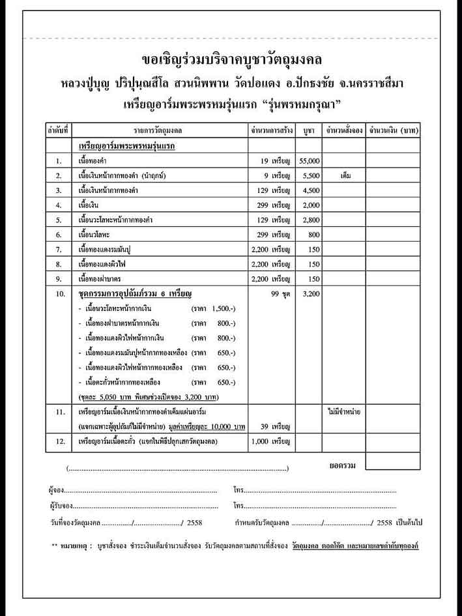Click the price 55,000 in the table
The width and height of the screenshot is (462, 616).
pyautogui.click(x=309, y=160)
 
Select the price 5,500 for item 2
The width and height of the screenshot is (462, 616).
pyautogui.click(x=309, y=175)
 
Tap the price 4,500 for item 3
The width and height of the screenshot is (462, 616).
pyautogui.click(x=309, y=190)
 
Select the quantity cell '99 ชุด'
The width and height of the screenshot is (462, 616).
pyautogui.click(x=279, y=294)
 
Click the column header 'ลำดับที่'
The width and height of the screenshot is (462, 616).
pyautogui.click(x=58, y=130)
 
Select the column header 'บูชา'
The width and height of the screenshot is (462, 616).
pyautogui.click(x=309, y=130)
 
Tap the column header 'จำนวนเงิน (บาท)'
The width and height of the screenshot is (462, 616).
pyautogui.click(x=393, y=130)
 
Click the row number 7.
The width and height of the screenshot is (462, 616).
pyautogui.click(x=58, y=249)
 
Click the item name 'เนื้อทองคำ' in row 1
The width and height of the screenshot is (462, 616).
pyautogui.click(x=95, y=160)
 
